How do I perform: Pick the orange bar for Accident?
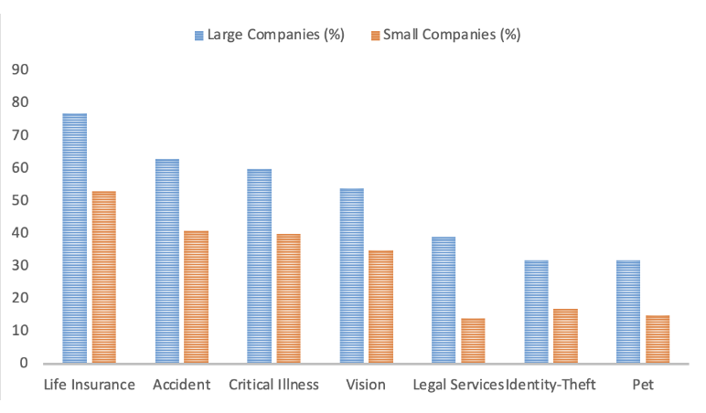[196, 297]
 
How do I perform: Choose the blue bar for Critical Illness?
[259, 266]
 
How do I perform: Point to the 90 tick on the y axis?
[19, 70]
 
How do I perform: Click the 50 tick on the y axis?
[19, 200]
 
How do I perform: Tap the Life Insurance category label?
[90, 385]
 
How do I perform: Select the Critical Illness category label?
[274, 385]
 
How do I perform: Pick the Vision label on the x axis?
[366, 385]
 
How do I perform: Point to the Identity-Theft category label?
[551, 385]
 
